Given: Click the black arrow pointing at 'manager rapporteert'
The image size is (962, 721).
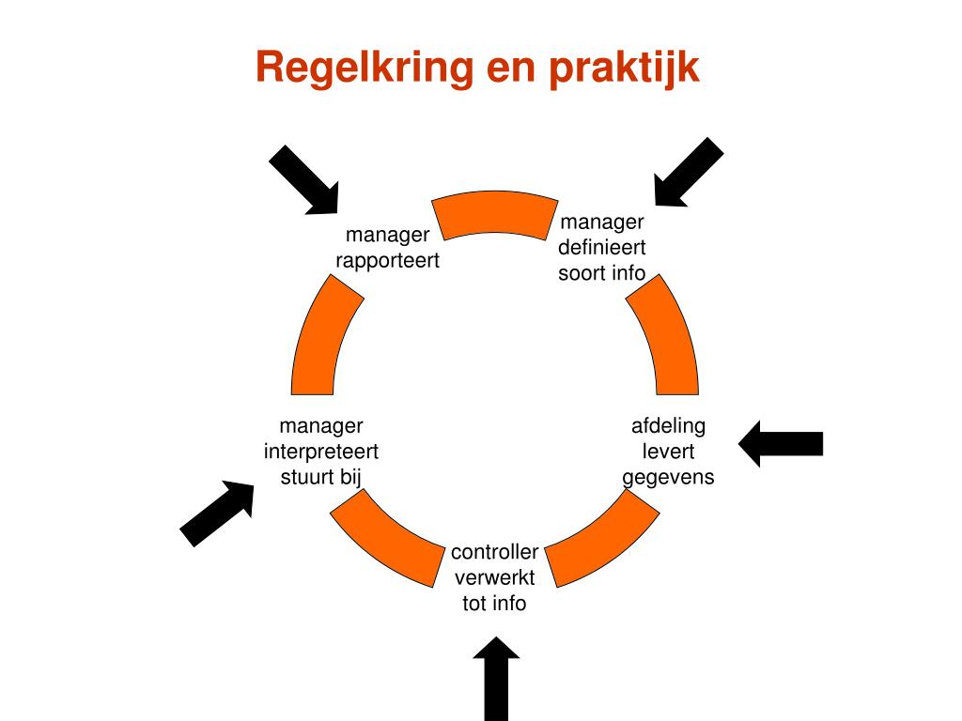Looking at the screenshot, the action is (x=303, y=179).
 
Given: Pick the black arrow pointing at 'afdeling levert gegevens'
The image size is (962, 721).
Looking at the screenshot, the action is (x=781, y=443).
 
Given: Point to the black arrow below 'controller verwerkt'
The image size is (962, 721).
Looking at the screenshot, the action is (x=496, y=678).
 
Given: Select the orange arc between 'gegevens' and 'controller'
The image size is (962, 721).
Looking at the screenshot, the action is (x=602, y=541).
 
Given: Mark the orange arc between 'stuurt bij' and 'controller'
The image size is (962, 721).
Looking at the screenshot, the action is (x=385, y=541).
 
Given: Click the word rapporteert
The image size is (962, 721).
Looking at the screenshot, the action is (x=387, y=260).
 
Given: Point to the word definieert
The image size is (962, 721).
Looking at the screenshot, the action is (x=602, y=248).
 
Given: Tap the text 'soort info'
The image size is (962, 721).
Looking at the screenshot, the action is (x=602, y=273).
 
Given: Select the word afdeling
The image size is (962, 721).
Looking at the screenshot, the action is (x=668, y=426).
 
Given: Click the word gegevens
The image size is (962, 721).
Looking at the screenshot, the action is (x=668, y=477).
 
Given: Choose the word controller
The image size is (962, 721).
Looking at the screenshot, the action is (x=494, y=552).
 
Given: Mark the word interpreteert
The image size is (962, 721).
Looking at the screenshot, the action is (x=321, y=452).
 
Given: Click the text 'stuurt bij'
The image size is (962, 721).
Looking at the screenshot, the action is (x=321, y=477).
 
